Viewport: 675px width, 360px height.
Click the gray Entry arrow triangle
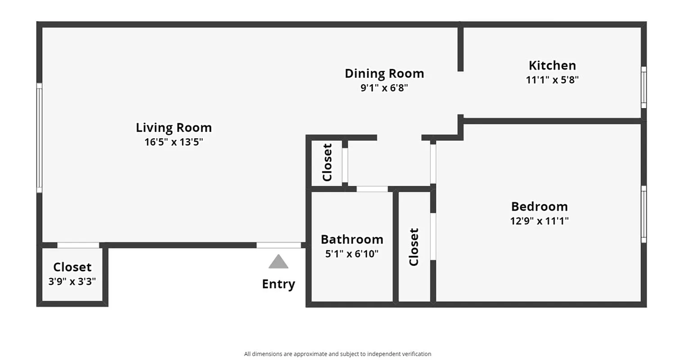click(278, 262)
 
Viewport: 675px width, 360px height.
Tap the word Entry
click(278, 284)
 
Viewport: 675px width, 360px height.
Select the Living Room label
click(174, 128)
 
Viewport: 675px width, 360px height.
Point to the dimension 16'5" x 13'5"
click(174, 142)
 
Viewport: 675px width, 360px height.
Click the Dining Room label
click(384, 73)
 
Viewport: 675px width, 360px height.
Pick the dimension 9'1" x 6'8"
click(384, 88)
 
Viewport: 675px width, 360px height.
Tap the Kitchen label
click(552, 65)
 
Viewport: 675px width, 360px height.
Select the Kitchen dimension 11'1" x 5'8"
click(552, 80)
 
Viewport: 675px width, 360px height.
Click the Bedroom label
click(539, 207)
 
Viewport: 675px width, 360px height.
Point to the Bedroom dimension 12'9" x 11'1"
click(540, 221)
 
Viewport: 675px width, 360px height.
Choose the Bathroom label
click(352, 239)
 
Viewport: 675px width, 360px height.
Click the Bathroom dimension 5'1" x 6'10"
click(352, 254)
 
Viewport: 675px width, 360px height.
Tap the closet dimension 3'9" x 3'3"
click(72, 282)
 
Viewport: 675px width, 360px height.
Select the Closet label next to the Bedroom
click(414, 247)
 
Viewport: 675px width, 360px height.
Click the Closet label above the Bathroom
click(327, 162)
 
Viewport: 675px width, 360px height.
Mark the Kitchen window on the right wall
click(643, 87)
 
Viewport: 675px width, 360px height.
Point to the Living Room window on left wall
click(39, 138)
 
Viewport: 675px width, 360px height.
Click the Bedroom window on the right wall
click(643, 214)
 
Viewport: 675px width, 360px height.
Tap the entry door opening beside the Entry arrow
click(279, 245)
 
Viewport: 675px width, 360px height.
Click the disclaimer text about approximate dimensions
click(337, 354)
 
